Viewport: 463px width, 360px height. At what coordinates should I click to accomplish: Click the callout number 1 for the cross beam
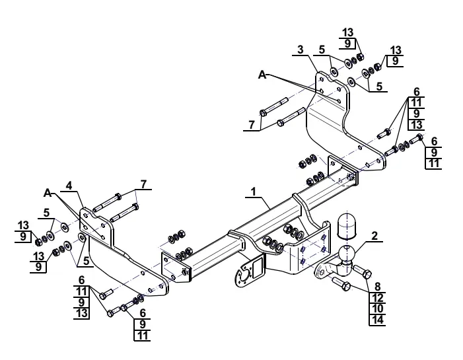(x=254, y=192)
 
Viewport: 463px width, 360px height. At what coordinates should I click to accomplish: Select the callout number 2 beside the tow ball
(x=374, y=236)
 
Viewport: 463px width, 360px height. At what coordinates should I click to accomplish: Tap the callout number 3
(x=301, y=50)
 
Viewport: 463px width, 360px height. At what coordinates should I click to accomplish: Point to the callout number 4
(x=69, y=186)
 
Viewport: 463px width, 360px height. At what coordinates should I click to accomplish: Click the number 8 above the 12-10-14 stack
(x=378, y=286)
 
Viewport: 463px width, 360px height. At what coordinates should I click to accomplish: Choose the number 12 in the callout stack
(x=378, y=298)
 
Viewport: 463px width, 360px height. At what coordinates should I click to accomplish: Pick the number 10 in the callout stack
(x=378, y=308)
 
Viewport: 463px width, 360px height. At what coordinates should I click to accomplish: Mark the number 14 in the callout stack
(x=378, y=320)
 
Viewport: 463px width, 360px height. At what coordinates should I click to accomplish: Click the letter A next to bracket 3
(x=262, y=75)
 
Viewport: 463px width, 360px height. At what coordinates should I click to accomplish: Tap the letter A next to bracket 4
(x=48, y=193)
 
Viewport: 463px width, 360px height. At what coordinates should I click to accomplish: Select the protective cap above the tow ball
(x=347, y=225)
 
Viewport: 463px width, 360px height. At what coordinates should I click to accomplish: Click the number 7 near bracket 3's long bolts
(x=251, y=125)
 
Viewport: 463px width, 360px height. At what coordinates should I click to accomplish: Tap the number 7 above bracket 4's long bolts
(x=143, y=184)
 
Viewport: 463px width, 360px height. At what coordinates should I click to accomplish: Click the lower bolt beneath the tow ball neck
(x=341, y=283)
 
